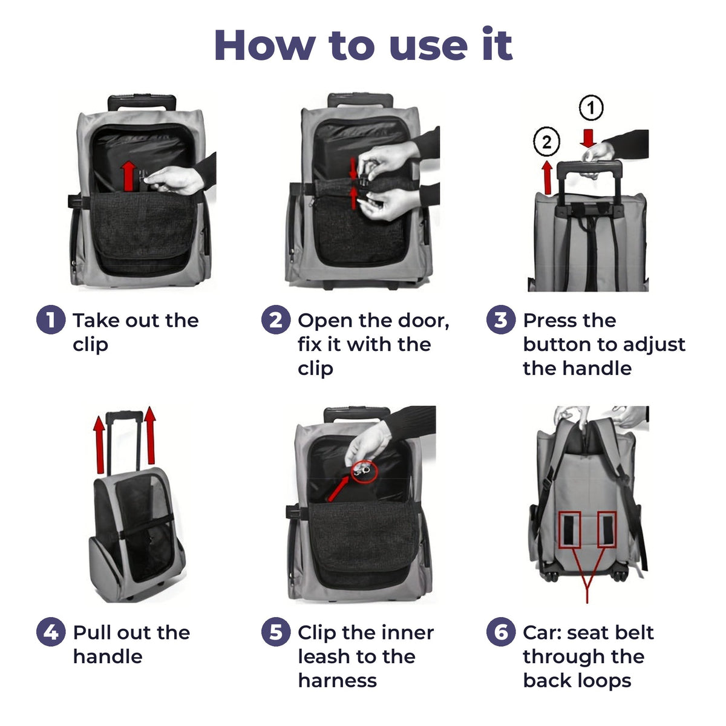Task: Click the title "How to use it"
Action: click(x=363, y=44)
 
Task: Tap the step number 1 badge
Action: click(x=51, y=319)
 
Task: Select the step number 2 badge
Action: click(x=276, y=319)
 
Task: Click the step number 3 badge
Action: click(x=501, y=319)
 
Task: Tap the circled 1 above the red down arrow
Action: click(x=590, y=108)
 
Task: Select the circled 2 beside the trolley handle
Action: click(x=547, y=142)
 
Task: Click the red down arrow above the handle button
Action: click(x=588, y=139)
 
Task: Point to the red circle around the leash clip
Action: click(x=364, y=471)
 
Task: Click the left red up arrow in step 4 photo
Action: click(x=99, y=445)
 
